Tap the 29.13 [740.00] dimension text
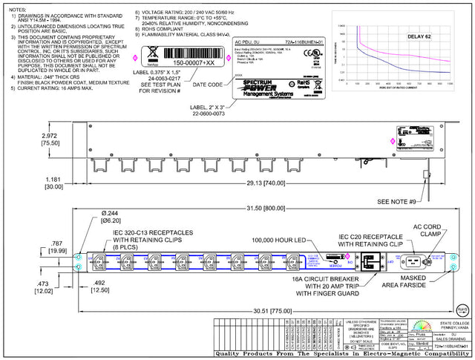(246, 182)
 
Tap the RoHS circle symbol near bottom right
(461, 307)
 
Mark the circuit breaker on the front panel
(367, 263)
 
